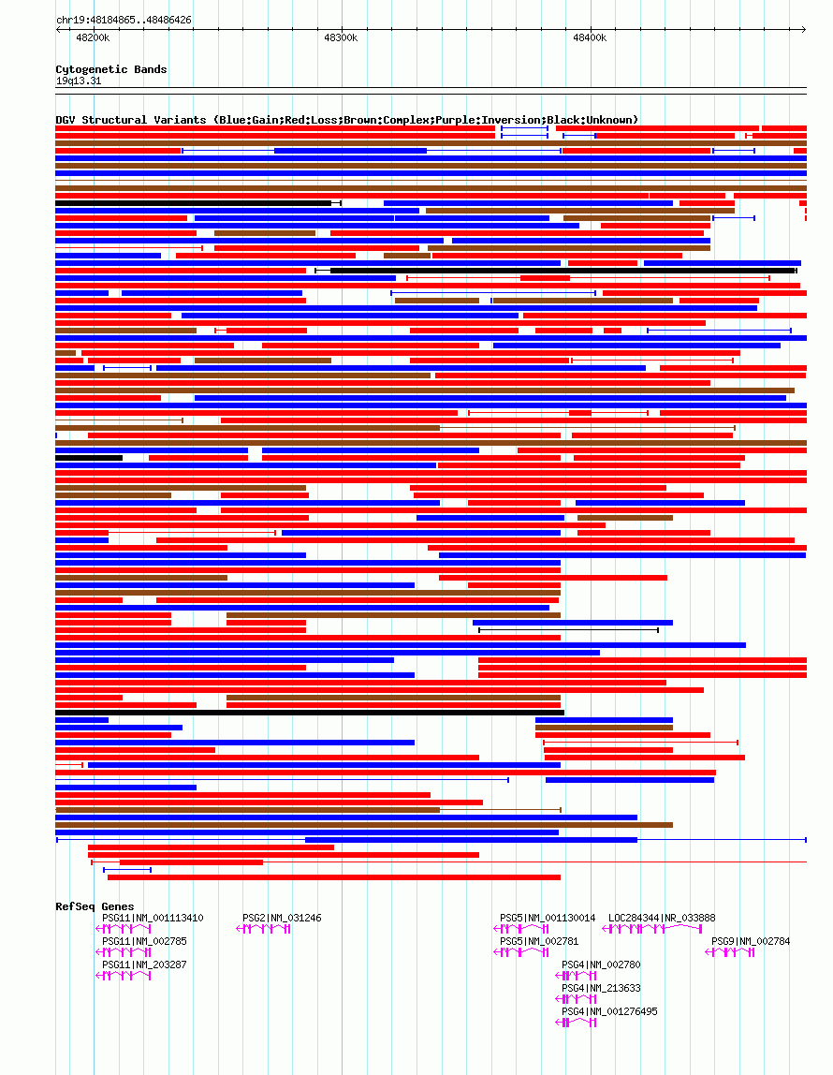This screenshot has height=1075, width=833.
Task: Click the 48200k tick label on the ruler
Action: [93, 37]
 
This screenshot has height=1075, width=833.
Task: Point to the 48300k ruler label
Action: [341, 37]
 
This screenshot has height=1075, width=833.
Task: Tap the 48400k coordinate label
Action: [590, 37]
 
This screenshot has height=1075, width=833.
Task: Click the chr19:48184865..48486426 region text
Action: [124, 20]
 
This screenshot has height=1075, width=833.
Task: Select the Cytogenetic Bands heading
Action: [110, 69]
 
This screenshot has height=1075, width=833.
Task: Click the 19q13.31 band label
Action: [79, 81]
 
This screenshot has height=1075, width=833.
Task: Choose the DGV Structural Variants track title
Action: [346, 120]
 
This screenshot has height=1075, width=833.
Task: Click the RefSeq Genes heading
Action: [95, 906]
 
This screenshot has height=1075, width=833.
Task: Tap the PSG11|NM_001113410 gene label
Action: [153, 918]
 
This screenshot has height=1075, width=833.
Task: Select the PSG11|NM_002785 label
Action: [144, 941]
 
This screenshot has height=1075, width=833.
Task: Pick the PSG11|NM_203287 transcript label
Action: [144, 965]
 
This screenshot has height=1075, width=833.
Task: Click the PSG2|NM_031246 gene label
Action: [282, 918]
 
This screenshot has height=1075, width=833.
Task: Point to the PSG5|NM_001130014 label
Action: [548, 918]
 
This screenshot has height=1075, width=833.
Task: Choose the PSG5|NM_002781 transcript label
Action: [539, 941]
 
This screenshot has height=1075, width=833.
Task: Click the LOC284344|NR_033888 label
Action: [662, 918]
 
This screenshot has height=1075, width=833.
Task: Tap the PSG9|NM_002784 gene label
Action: [751, 941]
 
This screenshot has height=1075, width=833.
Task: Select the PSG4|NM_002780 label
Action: [601, 965]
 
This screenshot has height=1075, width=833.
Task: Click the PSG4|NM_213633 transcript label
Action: [601, 988]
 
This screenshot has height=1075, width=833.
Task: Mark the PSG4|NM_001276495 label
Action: [609, 1011]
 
